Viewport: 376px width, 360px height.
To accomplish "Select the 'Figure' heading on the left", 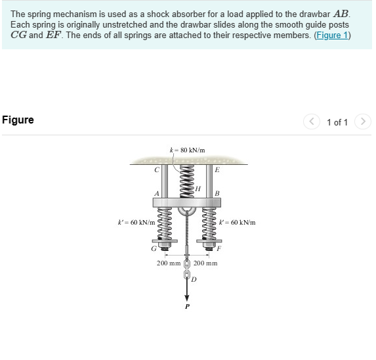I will coord(18,120).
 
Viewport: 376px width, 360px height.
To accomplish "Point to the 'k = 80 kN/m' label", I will coord(187,150).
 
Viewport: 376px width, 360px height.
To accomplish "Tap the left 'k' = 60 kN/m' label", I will coord(136,223).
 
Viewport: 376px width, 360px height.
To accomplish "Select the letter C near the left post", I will coord(156,170).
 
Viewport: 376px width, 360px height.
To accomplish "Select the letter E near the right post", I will coord(217,169).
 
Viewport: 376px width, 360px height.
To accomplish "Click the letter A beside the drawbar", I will coord(156,193).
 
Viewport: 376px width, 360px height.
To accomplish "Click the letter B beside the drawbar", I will coord(217,193).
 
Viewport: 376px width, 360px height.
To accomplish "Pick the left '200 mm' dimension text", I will coord(169,263).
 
